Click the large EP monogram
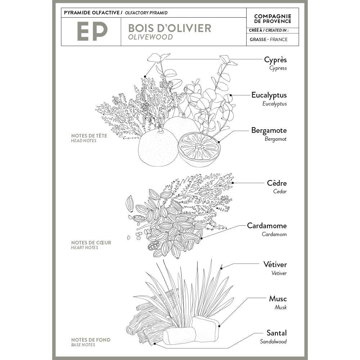[92, 31]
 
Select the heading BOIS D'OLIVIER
[170, 28]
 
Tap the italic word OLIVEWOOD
[150, 37]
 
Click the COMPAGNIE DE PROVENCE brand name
[273, 19]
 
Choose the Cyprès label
[275, 60]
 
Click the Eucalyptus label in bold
[269, 95]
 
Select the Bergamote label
[269, 130]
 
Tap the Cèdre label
[277, 183]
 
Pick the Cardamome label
[267, 226]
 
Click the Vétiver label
[275, 265]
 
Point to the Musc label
[278, 299]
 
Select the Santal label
[276, 333]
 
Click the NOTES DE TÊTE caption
[89, 136]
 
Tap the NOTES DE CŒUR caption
[91, 243]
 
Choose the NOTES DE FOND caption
[91, 340]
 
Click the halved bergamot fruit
[199, 149]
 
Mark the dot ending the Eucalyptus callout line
[230, 95]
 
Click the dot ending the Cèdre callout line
[233, 183]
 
